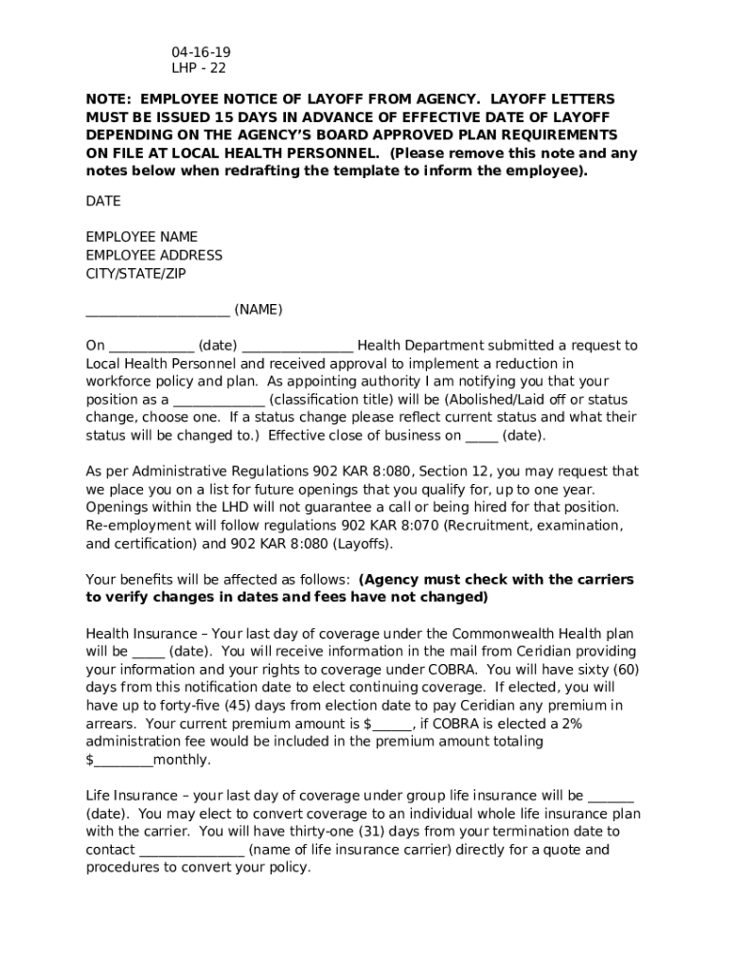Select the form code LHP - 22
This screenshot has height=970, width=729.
point(199,68)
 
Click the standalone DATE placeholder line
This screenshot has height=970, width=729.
point(103,202)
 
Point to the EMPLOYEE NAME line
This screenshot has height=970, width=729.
point(142,237)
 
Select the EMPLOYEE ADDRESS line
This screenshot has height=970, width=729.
point(154,255)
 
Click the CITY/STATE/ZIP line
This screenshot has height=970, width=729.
point(136,273)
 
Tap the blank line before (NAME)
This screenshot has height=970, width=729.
point(157,311)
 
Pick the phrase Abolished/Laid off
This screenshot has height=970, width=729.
point(507,400)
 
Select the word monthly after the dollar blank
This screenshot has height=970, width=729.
point(183,760)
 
